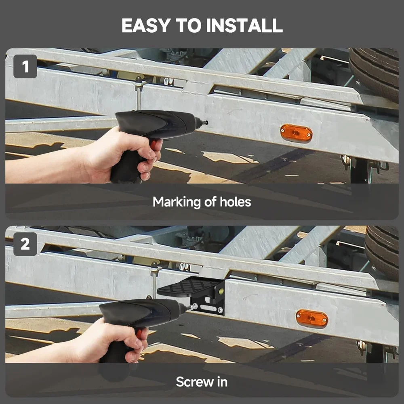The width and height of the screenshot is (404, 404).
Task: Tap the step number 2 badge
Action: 25,244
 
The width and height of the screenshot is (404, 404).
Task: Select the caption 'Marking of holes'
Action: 202,202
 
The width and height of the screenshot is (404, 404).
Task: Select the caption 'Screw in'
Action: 202,381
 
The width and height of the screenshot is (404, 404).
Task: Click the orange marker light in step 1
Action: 296,133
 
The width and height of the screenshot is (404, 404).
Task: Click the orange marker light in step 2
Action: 311,318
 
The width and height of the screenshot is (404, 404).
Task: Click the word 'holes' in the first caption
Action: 235,202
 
